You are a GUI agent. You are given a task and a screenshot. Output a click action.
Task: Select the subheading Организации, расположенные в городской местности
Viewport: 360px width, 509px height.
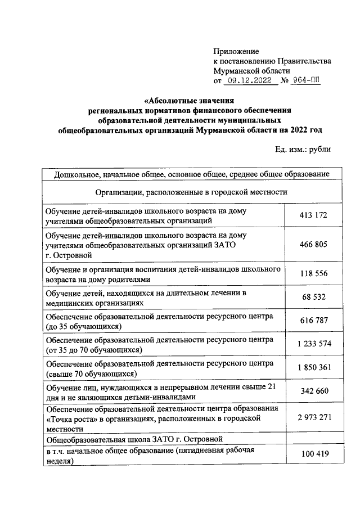point(191,192)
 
